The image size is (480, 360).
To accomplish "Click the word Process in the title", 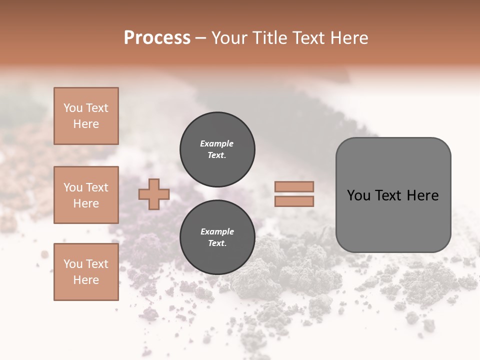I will click(x=157, y=38).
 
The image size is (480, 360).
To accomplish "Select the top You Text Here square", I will click(x=86, y=116).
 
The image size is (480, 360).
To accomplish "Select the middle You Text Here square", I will click(x=86, y=195).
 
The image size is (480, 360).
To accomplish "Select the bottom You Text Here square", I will click(x=86, y=272).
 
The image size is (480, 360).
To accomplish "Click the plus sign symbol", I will click(x=154, y=194).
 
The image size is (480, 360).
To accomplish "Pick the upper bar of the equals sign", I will click(x=294, y=186).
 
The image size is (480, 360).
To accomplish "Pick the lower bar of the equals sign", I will click(x=294, y=201).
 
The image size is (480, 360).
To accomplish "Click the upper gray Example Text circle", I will click(x=217, y=149).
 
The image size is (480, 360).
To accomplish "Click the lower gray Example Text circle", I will click(x=217, y=237).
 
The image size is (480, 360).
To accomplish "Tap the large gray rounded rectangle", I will click(x=393, y=220).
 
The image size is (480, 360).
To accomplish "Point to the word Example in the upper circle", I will click(x=217, y=143).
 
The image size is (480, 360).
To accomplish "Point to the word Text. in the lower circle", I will click(x=217, y=243).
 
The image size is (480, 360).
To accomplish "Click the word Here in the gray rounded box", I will click(x=422, y=195).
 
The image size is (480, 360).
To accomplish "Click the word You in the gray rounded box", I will click(x=359, y=195).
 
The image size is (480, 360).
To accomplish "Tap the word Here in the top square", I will click(x=86, y=124).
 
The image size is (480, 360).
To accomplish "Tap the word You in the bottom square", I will click(x=73, y=264).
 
